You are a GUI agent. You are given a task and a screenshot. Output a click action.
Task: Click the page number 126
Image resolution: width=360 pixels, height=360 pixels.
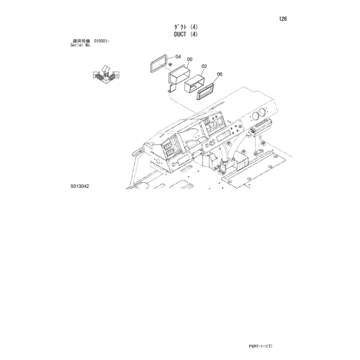click(x=283, y=19)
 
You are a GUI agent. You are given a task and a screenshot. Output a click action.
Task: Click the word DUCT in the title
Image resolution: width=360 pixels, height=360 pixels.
click(x=180, y=35)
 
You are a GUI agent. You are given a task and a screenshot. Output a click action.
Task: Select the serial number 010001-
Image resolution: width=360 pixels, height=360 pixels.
click(x=102, y=41)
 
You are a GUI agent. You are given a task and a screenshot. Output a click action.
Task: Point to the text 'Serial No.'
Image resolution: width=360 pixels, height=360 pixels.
click(x=81, y=45)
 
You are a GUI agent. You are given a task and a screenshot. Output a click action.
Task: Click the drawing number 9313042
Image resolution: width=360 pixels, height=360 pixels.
click(x=80, y=186)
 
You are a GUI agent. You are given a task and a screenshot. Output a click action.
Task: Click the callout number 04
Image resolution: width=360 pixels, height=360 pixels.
click(x=178, y=57)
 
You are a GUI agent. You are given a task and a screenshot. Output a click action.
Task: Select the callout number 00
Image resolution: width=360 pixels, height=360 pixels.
click(x=189, y=59)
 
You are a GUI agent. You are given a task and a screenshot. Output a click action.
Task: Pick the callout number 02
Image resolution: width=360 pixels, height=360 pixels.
click(x=204, y=66)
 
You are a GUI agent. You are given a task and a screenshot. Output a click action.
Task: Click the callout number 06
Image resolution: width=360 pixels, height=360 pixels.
click(x=220, y=74)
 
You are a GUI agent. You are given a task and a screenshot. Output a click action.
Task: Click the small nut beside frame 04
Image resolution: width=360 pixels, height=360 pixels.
click(x=170, y=64)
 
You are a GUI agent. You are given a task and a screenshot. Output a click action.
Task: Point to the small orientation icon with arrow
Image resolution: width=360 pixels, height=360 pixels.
click(x=106, y=74)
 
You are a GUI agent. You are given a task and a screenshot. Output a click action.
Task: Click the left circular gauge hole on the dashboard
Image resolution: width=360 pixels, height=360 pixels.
click(x=255, y=116)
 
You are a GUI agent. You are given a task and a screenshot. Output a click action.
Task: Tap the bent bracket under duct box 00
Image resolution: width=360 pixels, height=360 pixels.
click(x=171, y=88)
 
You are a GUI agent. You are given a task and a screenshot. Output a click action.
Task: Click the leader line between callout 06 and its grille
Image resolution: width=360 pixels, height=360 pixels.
click(x=214, y=80)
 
